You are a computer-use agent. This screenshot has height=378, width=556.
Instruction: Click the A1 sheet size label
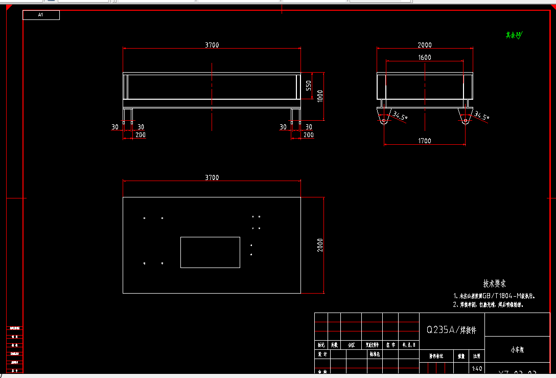coord(41,15)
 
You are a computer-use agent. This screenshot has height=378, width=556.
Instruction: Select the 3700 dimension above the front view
coord(212,45)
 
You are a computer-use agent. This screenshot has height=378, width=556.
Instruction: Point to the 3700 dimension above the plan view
coord(212,177)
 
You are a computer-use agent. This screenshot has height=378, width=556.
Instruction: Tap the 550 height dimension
coord(309,85)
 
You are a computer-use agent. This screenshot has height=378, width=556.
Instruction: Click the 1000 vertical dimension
coord(320,96)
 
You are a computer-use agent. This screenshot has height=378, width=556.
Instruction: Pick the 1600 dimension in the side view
coord(425,58)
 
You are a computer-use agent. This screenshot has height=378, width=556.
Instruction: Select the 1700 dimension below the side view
coord(425,141)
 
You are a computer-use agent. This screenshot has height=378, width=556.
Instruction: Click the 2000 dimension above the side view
coord(425,45)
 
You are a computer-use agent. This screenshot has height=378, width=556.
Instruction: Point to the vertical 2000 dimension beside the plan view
coord(320,245)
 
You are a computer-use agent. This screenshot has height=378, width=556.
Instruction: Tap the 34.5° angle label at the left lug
coord(400,116)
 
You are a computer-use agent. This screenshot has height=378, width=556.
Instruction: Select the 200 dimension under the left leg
coord(141,135)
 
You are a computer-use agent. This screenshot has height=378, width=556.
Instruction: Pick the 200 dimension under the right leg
coord(308,135)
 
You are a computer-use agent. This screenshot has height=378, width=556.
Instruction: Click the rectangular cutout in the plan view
coord(210,252)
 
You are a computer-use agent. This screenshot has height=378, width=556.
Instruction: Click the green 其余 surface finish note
coord(514,35)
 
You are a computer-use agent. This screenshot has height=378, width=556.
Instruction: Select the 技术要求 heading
coord(494,283)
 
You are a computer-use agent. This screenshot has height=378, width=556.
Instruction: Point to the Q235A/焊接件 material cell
coord(451,330)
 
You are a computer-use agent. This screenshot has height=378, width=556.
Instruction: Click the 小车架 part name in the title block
coord(517,350)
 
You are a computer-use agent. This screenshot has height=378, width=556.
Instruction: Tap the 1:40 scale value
coord(477,368)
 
